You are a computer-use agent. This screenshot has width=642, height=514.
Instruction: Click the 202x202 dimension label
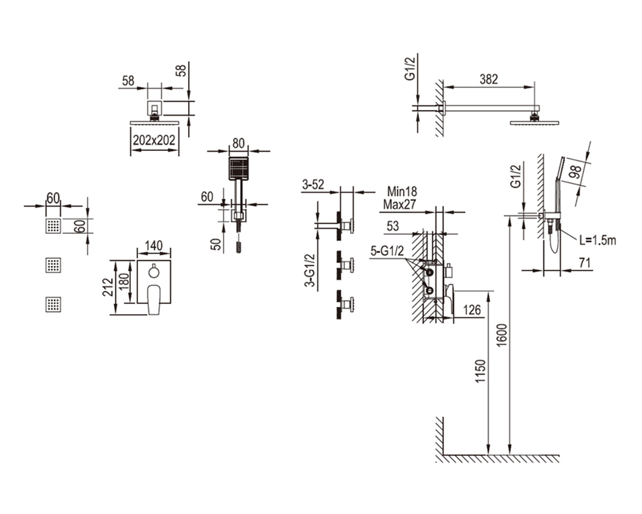pyautogui.click(x=154, y=140)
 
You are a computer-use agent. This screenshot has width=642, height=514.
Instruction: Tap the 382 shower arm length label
pyautogui.click(x=489, y=79)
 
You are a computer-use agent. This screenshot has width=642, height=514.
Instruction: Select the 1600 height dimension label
pyautogui.click(x=501, y=335)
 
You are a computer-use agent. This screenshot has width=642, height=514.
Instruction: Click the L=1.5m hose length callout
pyautogui.click(x=598, y=240)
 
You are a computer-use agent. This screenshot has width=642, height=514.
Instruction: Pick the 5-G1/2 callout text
pyautogui.click(x=387, y=251)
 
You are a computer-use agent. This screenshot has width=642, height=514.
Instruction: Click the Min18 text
pyautogui.click(x=402, y=191)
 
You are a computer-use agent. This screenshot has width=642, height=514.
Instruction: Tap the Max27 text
pyautogui.click(x=399, y=204)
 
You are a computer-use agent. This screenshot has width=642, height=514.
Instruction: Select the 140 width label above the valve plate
pyautogui.click(x=153, y=245)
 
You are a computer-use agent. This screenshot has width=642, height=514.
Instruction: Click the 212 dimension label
pyautogui.click(x=108, y=287)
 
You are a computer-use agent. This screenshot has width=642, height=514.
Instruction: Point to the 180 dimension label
pyautogui.click(x=124, y=281)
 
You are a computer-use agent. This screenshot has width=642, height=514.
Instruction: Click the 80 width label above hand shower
pyautogui.click(x=238, y=143)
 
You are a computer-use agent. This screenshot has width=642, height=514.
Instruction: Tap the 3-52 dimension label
pyautogui.click(x=313, y=185)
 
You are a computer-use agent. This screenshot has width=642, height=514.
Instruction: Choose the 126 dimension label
pyautogui.click(x=472, y=310)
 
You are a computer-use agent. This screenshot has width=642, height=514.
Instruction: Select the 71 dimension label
pyautogui.click(x=586, y=263)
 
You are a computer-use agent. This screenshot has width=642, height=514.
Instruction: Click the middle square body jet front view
pyautogui.click(x=53, y=265)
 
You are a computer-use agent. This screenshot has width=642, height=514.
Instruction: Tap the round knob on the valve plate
pyautogui.click(x=153, y=271)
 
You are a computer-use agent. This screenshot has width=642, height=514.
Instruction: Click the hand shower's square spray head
pyautogui.click(x=238, y=168)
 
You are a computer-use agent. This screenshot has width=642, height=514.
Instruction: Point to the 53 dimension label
pyautogui.click(x=392, y=226)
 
